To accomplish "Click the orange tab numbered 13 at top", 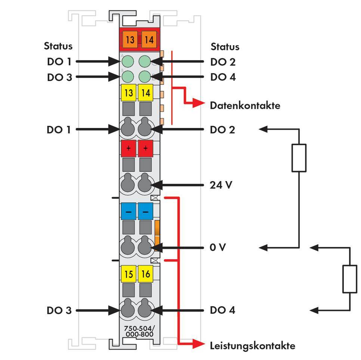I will pyautogui.click(x=130, y=39).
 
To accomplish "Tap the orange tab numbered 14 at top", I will pyautogui.click(x=149, y=39).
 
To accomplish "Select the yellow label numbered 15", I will pyautogui.click(x=129, y=274).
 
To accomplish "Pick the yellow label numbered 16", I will pyautogui.click(x=145, y=274).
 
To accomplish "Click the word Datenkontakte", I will pyautogui.click(x=245, y=105).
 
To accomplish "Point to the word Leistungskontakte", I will pyautogui.click(x=252, y=345).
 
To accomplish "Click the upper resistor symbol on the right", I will pyautogui.click(x=299, y=158).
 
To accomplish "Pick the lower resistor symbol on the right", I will pyautogui.click(x=350, y=279).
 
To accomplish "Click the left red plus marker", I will pyautogui.click(x=129, y=148).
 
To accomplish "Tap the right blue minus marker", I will pyautogui.click(x=145, y=211).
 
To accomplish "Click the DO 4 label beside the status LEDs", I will pyautogui.click(x=223, y=77).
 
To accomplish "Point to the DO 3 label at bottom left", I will pyautogui.click(x=59, y=310).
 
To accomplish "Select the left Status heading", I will pyautogui.click(x=58, y=46).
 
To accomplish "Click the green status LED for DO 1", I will pyautogui.click(x=128, y=61).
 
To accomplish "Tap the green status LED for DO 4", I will pyautogui.click(x=145, y=77).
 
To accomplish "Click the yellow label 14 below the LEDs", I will pyautogui.click(x=145, y=93).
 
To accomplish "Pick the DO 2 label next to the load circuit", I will pyautogui.click(x=223, y=130).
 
